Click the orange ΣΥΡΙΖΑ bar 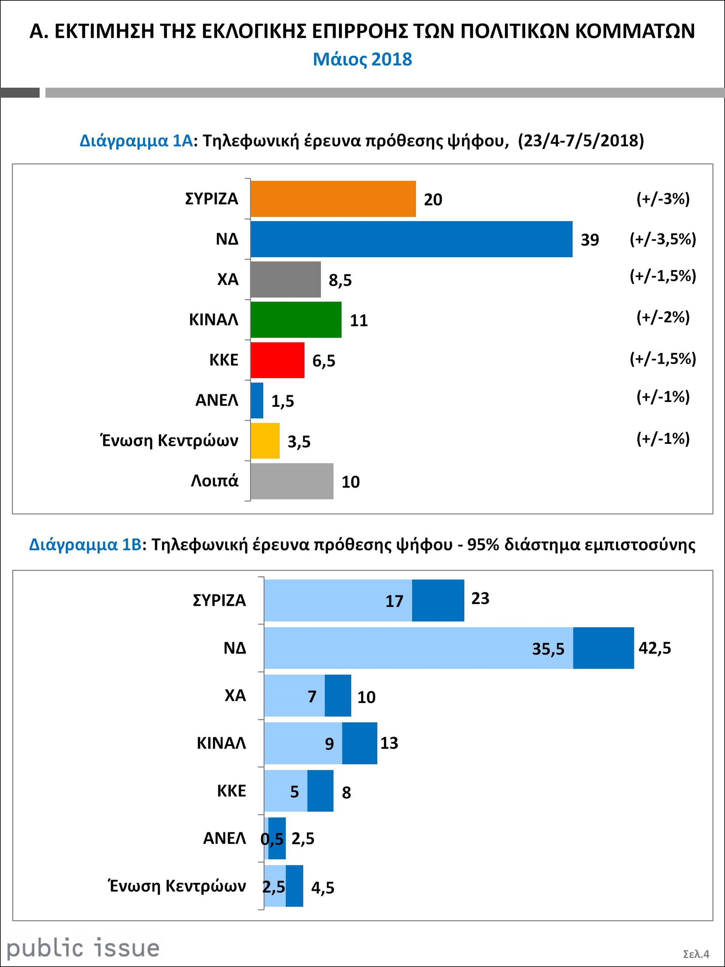(x=333, y=199)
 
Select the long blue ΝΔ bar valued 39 (x=411, y=239)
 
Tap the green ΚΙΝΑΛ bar (x=296, y=320)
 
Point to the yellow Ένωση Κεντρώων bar (x=265, y=441)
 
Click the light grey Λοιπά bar (x=292, y=481)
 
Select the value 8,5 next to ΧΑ (x=340, y=280)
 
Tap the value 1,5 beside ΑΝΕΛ (x=283, y=401)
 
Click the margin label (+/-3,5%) (x=663, y=239)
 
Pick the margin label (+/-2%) (x=663, y=317)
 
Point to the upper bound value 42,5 (x=654, y=648)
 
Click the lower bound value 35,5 (x=548, y=649)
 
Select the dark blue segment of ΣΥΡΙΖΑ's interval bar (x=438, y=600)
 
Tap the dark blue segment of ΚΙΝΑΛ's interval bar (x=359, y=743)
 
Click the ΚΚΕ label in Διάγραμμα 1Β (x=231, y=791)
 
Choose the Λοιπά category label (x=214, y=481)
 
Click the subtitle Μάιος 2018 (x=362, y=59)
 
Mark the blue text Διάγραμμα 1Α (x=136, y=141)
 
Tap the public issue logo (x=83, y=948)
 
